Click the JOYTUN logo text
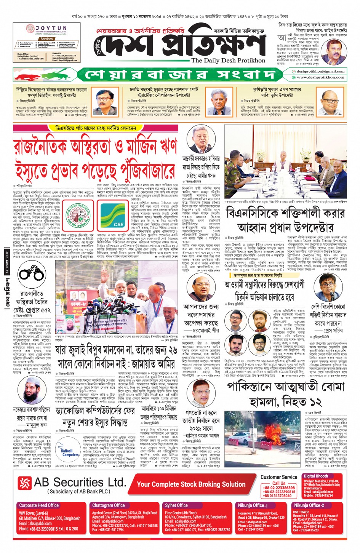tap(51, 28)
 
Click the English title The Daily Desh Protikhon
tap(228, 60)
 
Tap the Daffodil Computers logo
tap(70, 452)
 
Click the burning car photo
tap(262, 438)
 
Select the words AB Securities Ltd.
tap(80, 482)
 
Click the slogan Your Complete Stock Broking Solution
tap(191, 484)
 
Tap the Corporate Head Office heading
tap(39, 505)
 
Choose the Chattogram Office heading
tap(108, 505)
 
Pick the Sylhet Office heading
tap(176, 505)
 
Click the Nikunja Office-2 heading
tap(309, 505)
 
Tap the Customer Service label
tap(278, 477)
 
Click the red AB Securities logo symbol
tap(24, 483)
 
